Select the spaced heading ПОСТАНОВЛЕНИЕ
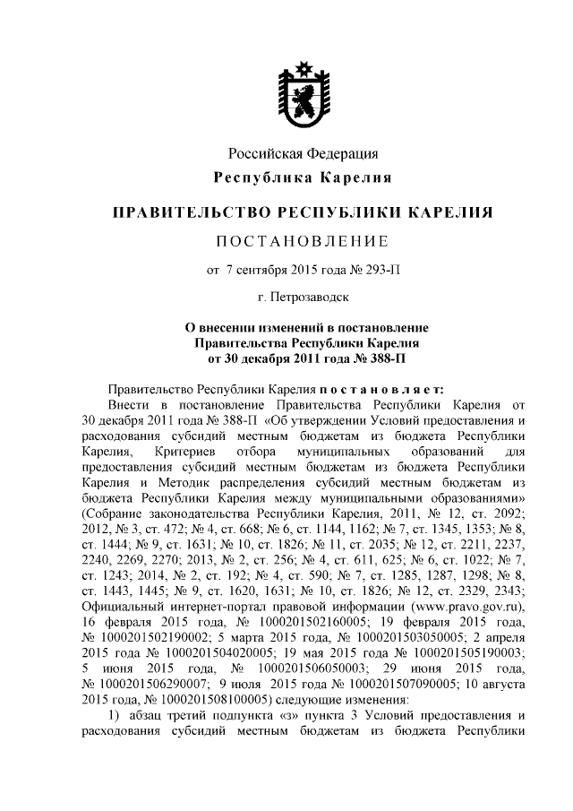(x=303, y=241)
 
